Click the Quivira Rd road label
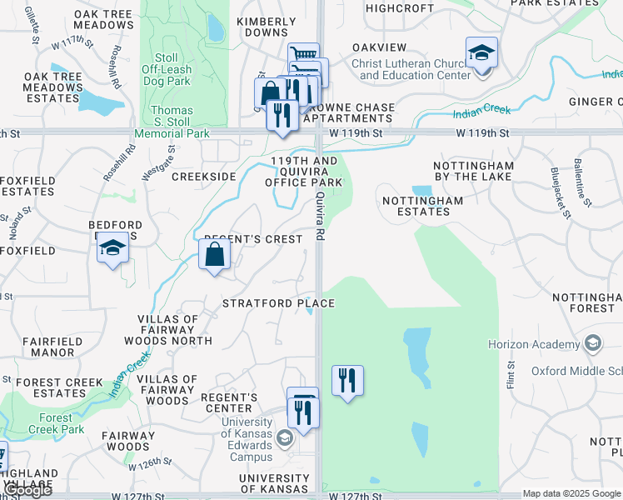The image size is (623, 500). (320, 216)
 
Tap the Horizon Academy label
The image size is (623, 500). (534, 344)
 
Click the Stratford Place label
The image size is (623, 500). (278, 303)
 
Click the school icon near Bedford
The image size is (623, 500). (112, 248)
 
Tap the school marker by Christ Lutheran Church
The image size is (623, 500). (481, 54)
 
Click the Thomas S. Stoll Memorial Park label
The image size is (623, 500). (172, 122)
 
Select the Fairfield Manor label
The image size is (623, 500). (52, 347)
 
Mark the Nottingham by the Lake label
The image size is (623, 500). (473, 171)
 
